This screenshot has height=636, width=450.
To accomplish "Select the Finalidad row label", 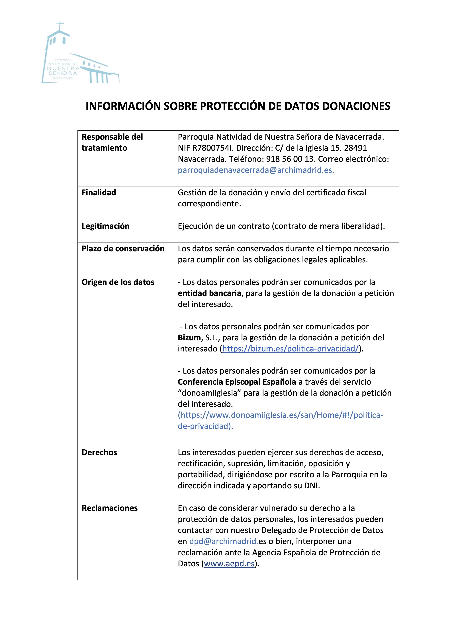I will click(x=99, y=193).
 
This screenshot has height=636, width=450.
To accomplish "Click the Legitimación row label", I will click(x=105, y=226).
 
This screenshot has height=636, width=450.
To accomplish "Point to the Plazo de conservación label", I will click(x=123, y=248).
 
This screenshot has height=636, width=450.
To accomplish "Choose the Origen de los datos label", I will click(x=118, y=282).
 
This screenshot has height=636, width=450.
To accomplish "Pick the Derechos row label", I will click(x=99, y=452).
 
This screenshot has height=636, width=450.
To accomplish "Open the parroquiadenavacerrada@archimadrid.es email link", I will click(x=256, y=170).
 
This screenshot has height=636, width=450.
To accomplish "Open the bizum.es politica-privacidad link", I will click(x=290, y=349).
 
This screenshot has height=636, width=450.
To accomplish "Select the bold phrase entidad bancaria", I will click(x=209, y=293).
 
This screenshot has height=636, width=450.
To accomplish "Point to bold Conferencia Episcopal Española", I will click(x=237, y=382).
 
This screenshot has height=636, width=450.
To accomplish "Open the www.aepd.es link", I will click(x=229, y=563).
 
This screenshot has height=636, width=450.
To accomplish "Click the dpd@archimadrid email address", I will click(x=224, y=541).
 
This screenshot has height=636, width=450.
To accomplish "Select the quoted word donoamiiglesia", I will click(x=209, y=393).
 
